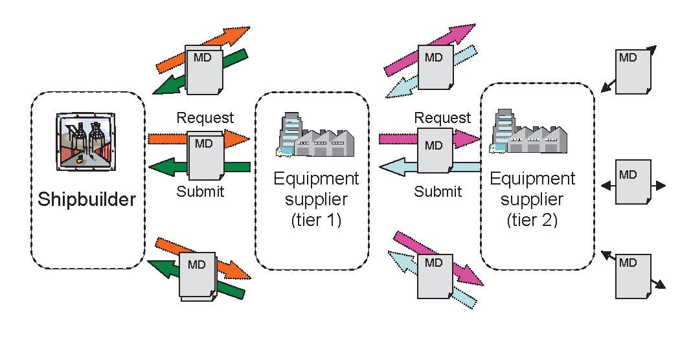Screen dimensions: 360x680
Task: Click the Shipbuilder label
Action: pos(87,199)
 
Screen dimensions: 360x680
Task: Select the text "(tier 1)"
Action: pos(315,220)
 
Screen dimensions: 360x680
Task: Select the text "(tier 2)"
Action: pos(532,220)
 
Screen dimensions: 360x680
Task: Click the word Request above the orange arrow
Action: pos(205,118)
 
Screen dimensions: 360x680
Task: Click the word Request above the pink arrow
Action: pos(442,118)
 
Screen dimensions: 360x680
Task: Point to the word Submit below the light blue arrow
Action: pos(438,192)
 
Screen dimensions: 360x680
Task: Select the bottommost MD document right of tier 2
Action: pos(633,275)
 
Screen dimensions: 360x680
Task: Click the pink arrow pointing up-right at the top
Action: pos(402,62)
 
